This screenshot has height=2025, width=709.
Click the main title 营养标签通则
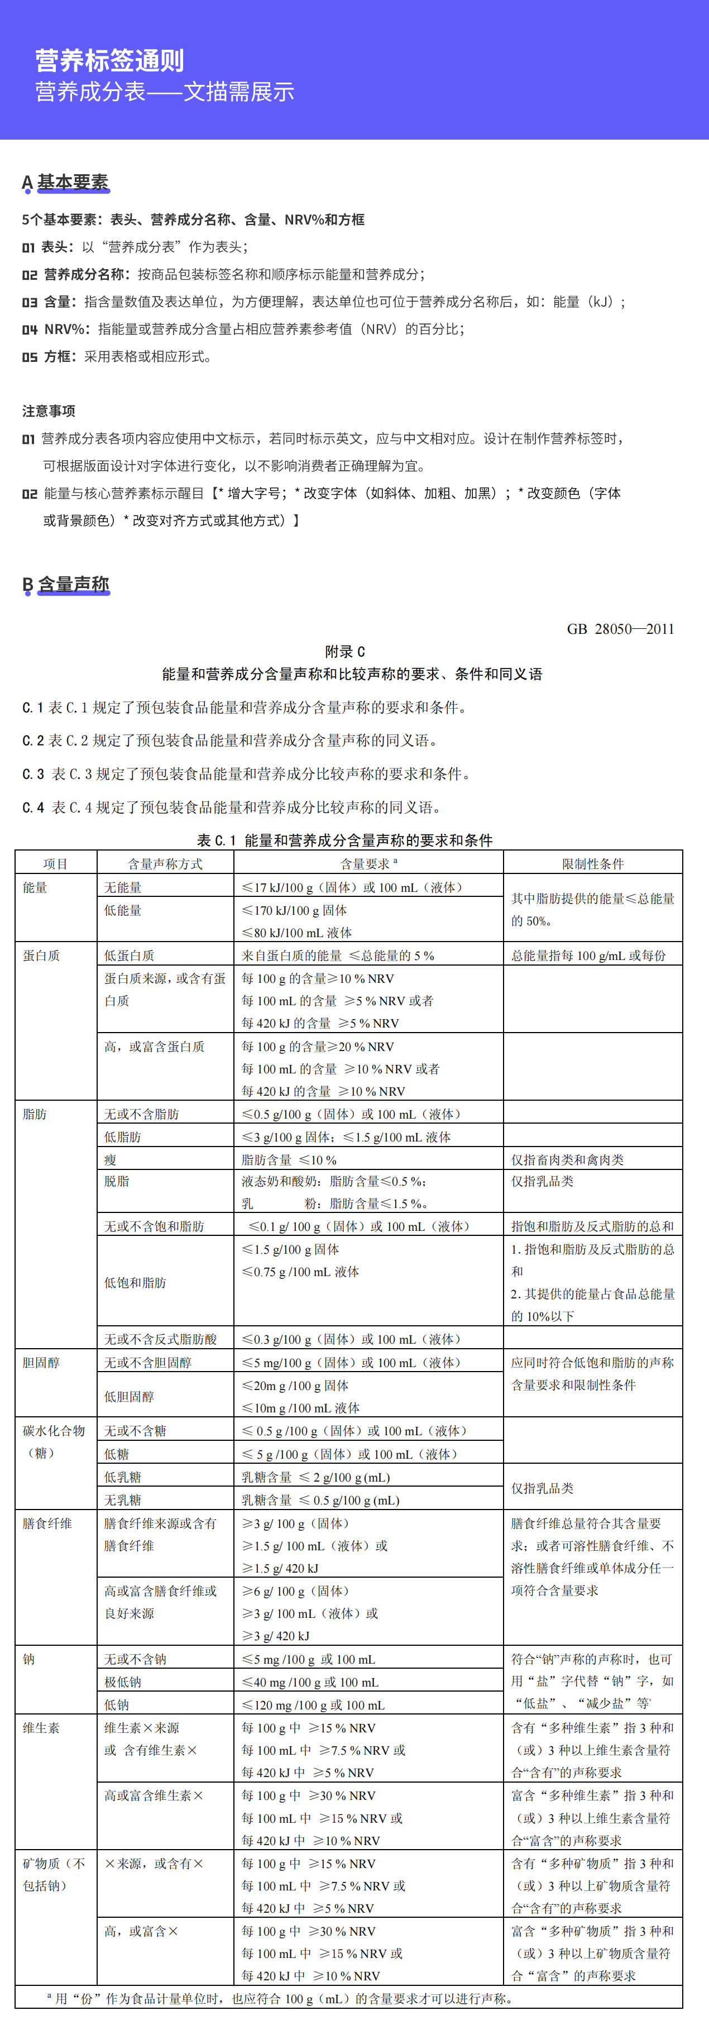tap(109, 60)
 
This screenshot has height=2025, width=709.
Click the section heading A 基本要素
tap(65, 183)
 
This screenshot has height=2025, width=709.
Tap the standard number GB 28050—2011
tap(620, 629)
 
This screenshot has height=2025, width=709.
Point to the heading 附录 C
tap(345, 652)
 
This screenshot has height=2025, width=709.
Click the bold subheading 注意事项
tap(49, 411)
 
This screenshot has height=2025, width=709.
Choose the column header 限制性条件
tap(593, 864)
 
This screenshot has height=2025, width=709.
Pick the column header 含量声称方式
tap(165, 864)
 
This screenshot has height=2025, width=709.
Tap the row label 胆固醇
tap(41, 1362)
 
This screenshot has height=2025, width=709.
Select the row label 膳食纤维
tap(47, 1523)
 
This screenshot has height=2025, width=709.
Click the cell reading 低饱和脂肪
tap(135, 1283)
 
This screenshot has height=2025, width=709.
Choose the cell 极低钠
tap(123, 1682)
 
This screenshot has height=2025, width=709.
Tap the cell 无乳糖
tap(123, 1500)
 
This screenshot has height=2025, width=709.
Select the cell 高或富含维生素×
tap(154, 1795)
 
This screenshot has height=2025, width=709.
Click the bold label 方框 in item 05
tap(60, 357)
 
